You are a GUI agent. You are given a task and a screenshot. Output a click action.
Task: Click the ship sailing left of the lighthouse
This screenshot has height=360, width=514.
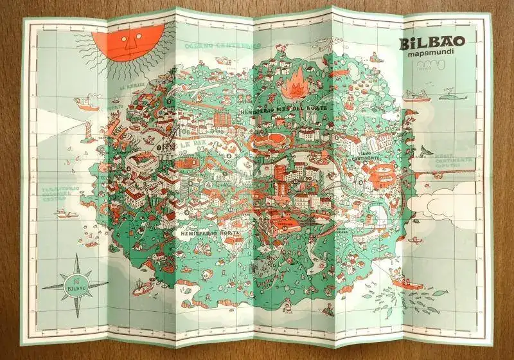coord(84,101)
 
